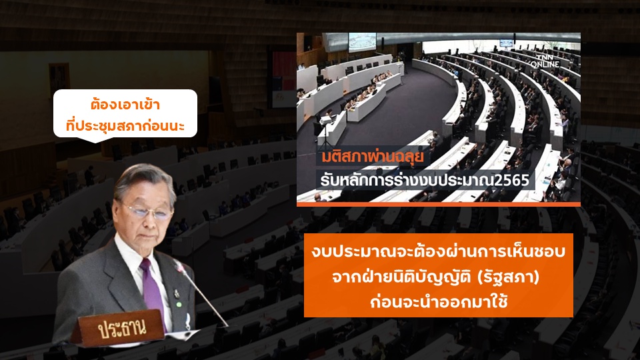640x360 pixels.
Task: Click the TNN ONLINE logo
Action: tap(545, 61)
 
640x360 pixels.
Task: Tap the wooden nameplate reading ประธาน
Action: tap(118, 328)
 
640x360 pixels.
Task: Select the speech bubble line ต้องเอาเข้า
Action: tap(125, 105)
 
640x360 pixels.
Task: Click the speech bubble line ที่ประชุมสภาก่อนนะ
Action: tap(125, 125)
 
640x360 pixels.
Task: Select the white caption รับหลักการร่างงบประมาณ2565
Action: tap(425, 179)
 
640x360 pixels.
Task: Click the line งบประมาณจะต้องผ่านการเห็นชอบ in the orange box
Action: tap(439, 251)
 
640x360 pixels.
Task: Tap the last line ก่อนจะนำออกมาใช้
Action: tap(439, 303)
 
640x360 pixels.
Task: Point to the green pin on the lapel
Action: tap(179, 305)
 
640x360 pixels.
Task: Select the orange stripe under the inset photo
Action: tap(439, 204)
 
